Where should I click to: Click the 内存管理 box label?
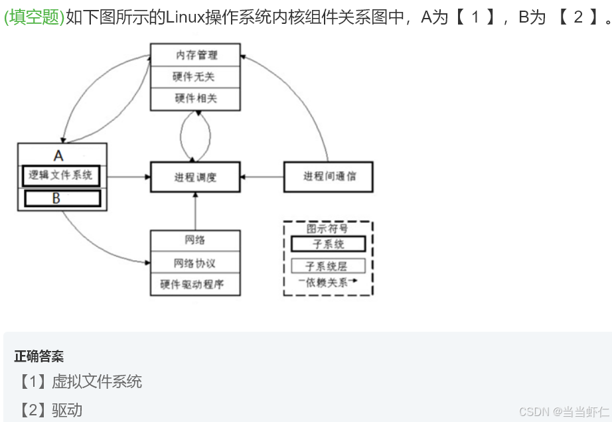pos(195,55)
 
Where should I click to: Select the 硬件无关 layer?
pos(195,77)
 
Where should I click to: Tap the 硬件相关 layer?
pos(195,99)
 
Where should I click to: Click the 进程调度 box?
pos(195,177)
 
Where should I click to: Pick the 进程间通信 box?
pos(329,176)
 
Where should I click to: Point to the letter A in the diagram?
pos(58,156)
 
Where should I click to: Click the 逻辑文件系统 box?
pos(62,175)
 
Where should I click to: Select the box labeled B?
pos(62,198)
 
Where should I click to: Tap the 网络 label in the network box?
pos(194,240)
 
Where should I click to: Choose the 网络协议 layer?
pos(194,263)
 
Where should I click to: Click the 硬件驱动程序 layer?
pos(194,285)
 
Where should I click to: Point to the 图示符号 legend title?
pos(327,228)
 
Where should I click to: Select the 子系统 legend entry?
pos(328,244)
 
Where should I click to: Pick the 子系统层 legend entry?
pos(328,266)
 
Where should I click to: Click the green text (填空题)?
pos(34,17)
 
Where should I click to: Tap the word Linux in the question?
pos(185,17)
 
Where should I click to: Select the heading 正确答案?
pos(39,356)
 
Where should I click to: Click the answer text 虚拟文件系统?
pos(97,382)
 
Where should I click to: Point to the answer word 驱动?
pos(67,410)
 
